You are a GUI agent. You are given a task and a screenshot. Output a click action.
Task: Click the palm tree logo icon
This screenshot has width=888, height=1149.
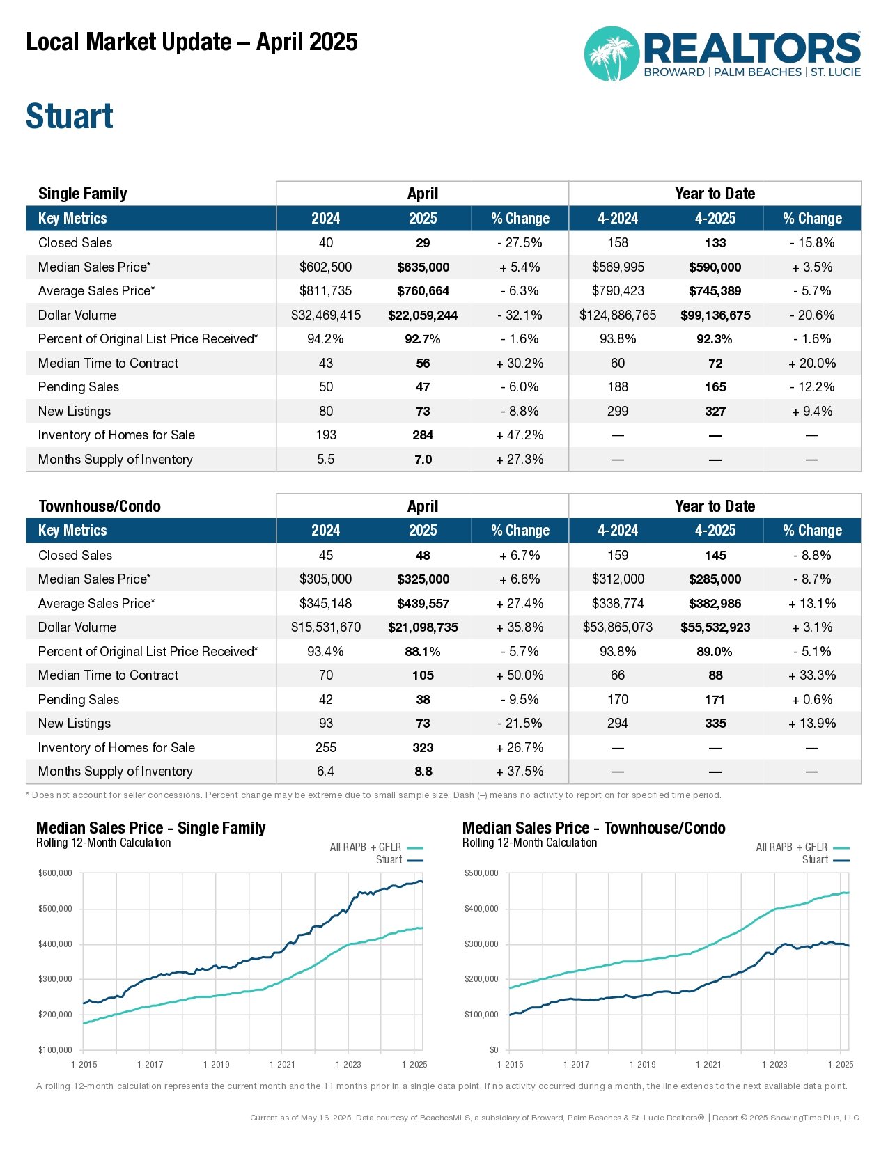612,54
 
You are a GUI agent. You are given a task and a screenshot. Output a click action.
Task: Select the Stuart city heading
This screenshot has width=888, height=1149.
69,116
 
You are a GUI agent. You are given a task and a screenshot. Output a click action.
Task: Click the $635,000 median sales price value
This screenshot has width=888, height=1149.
423,267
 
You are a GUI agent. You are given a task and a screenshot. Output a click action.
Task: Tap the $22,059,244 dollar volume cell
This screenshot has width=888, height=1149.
423,315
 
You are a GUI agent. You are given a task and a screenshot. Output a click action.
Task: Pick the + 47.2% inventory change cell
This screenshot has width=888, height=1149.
520,435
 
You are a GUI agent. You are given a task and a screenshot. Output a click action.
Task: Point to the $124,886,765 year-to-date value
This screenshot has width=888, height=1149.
617,315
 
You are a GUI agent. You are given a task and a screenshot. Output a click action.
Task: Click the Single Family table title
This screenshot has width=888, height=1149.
82,194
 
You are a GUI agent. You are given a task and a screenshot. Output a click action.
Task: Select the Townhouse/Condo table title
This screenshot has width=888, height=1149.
100,506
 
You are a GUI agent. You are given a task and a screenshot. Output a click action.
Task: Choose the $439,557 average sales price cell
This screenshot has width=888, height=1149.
423,603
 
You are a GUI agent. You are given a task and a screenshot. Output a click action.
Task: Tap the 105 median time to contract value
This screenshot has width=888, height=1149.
423,675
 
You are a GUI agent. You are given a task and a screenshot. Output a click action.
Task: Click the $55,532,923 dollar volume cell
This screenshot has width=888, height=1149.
715,627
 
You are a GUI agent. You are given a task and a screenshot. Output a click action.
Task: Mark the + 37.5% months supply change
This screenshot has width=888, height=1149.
520,771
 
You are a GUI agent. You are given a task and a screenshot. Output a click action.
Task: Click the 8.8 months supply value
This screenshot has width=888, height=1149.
423,771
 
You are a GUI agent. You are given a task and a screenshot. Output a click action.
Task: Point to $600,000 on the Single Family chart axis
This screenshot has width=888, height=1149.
55,873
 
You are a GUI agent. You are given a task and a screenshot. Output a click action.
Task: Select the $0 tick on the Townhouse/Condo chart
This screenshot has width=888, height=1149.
494,1049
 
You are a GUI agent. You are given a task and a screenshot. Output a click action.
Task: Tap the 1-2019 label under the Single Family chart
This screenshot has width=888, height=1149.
217,1065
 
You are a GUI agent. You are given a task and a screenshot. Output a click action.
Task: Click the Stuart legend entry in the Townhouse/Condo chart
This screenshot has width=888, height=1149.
825,860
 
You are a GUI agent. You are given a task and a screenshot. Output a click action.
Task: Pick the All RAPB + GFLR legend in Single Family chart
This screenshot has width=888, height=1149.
376,847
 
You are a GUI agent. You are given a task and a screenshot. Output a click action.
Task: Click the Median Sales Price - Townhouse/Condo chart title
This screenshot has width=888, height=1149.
593,828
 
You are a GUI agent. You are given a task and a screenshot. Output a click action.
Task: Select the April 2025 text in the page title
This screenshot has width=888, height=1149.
306,42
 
